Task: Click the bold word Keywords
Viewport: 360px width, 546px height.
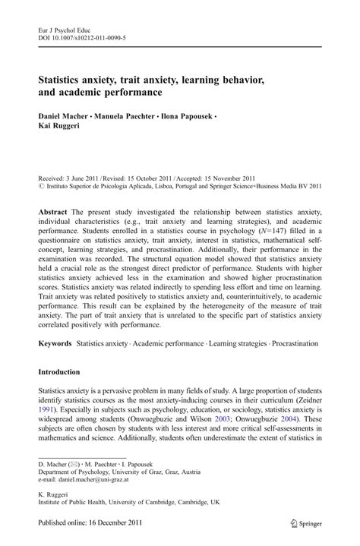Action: [x=55, y=343]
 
